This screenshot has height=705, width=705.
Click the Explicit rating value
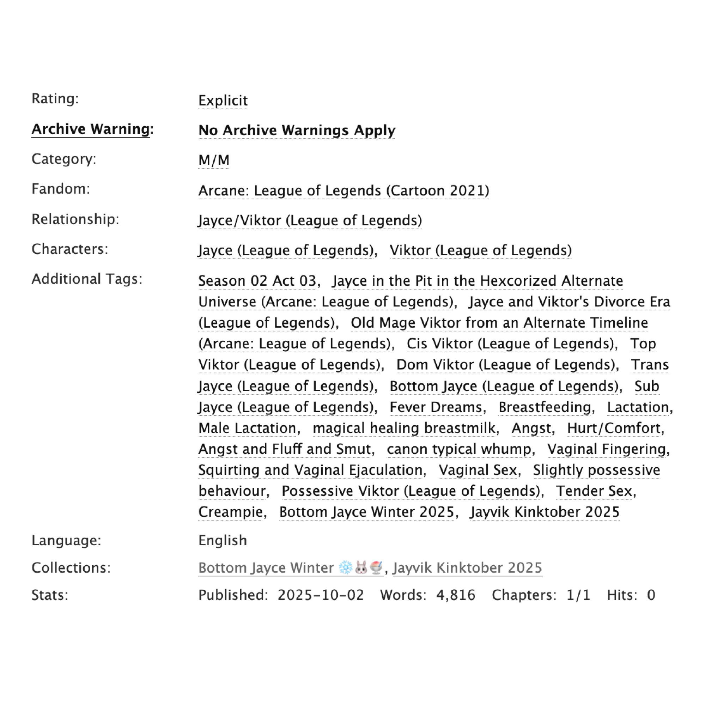223,101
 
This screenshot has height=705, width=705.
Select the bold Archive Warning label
91,129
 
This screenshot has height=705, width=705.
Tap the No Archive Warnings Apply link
297,130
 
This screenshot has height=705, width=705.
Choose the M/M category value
214,160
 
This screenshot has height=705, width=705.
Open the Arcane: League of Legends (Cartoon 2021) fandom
344,190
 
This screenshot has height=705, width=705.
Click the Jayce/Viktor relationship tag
310,220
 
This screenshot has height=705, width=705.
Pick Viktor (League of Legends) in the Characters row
481,250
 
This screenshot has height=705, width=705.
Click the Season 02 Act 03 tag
257,281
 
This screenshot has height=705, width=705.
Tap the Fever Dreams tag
436,407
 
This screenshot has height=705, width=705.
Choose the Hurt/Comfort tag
614,428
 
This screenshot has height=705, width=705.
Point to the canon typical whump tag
459,449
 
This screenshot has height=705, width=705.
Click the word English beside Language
223,540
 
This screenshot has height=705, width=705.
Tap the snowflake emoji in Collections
345,568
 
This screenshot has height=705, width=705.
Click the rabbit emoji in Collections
361,568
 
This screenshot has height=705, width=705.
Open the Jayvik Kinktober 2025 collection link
467,568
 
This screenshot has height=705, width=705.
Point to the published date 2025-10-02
321,595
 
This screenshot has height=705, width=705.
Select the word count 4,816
456,595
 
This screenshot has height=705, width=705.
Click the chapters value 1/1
578,595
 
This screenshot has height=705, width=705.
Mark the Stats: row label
50,595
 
